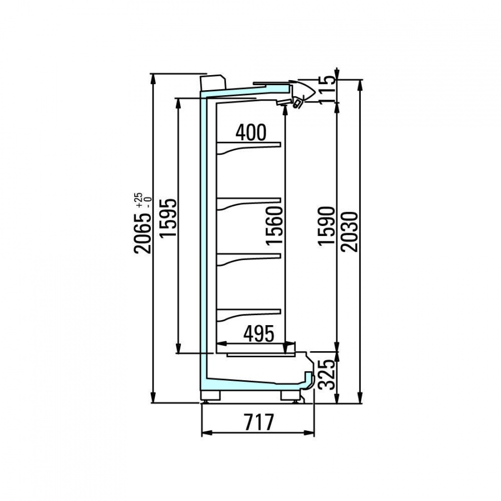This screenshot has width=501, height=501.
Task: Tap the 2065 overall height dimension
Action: pyautogui.click(x=142, y=232)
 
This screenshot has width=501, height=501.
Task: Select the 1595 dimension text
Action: pyautogui.click(x=168, y=218)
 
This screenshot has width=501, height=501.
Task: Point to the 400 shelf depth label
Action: pyautogui.click(x=251, y=132)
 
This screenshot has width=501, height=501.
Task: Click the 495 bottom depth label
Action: pyautogui.click(x=259, y=333)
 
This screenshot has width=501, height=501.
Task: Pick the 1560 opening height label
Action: pyautogui.click(x=274, y=225)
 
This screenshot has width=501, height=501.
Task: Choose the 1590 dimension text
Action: pyautogui.click(x=326, y=226)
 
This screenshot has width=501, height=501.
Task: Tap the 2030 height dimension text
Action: pyautogui.click(x=349, y=232)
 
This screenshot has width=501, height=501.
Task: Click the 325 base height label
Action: pyautogui.click(x=327, y=374)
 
